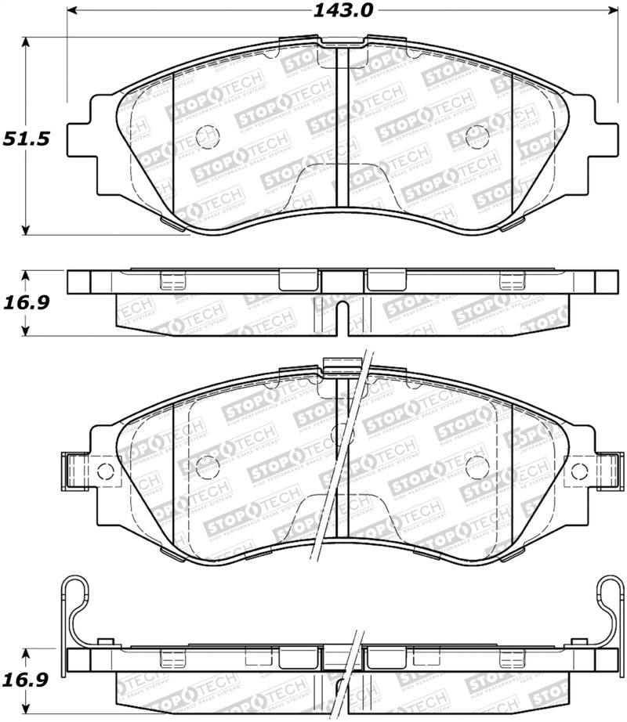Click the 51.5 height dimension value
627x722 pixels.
pos(25,139)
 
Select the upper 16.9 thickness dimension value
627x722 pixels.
pos(25,302)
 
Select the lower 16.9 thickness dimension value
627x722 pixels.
pos(25,679)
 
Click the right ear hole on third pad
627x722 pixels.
pos(579,471)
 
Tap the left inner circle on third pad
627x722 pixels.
pos(207,467)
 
